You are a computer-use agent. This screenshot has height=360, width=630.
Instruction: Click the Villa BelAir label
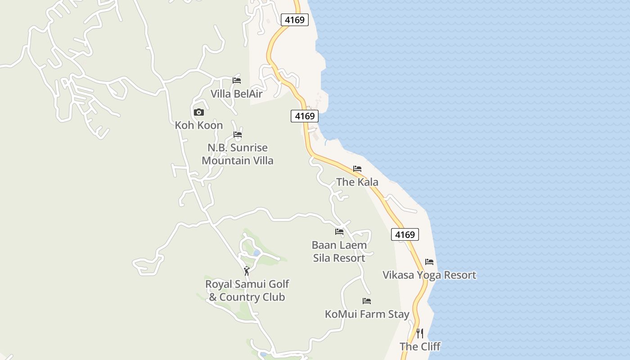(x=237, y=94)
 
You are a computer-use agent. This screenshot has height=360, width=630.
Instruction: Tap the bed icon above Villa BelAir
(x=237, y=81)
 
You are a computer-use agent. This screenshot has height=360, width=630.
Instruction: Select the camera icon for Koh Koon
(x=198, y=112)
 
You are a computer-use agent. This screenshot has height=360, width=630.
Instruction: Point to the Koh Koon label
(x=199, y=125)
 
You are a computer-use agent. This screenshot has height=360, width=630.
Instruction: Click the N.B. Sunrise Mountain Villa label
(x=238, y=154)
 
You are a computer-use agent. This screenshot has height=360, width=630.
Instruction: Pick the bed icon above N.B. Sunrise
(x=238, y=135)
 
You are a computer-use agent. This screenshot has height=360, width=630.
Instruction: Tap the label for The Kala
(x=357, y=182)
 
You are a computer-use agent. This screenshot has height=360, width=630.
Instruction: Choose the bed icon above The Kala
(x=357, y=169)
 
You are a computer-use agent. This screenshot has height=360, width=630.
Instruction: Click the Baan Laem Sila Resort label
(x=339, y=252)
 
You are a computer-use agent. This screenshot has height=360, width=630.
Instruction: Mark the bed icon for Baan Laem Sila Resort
(x=339, y=232)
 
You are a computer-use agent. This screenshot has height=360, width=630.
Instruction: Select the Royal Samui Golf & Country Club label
(x=247, y=290)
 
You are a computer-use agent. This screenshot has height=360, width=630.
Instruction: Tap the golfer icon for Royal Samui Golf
(x=246, y=271)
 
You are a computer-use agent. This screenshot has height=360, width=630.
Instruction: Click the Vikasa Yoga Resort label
(x=429, y=275)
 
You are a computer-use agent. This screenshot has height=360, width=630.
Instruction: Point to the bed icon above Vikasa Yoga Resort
(x=429, y=261)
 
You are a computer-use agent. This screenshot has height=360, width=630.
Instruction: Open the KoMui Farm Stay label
(x=367, y=314)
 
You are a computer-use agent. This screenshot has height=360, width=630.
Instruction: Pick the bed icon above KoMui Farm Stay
(x=367, y=301)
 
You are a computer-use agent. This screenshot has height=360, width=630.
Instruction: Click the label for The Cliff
(x=420, y=346)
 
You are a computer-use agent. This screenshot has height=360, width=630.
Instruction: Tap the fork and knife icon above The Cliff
(x=420, y=333)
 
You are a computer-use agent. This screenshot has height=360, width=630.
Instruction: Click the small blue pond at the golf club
(x=256, y=253)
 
